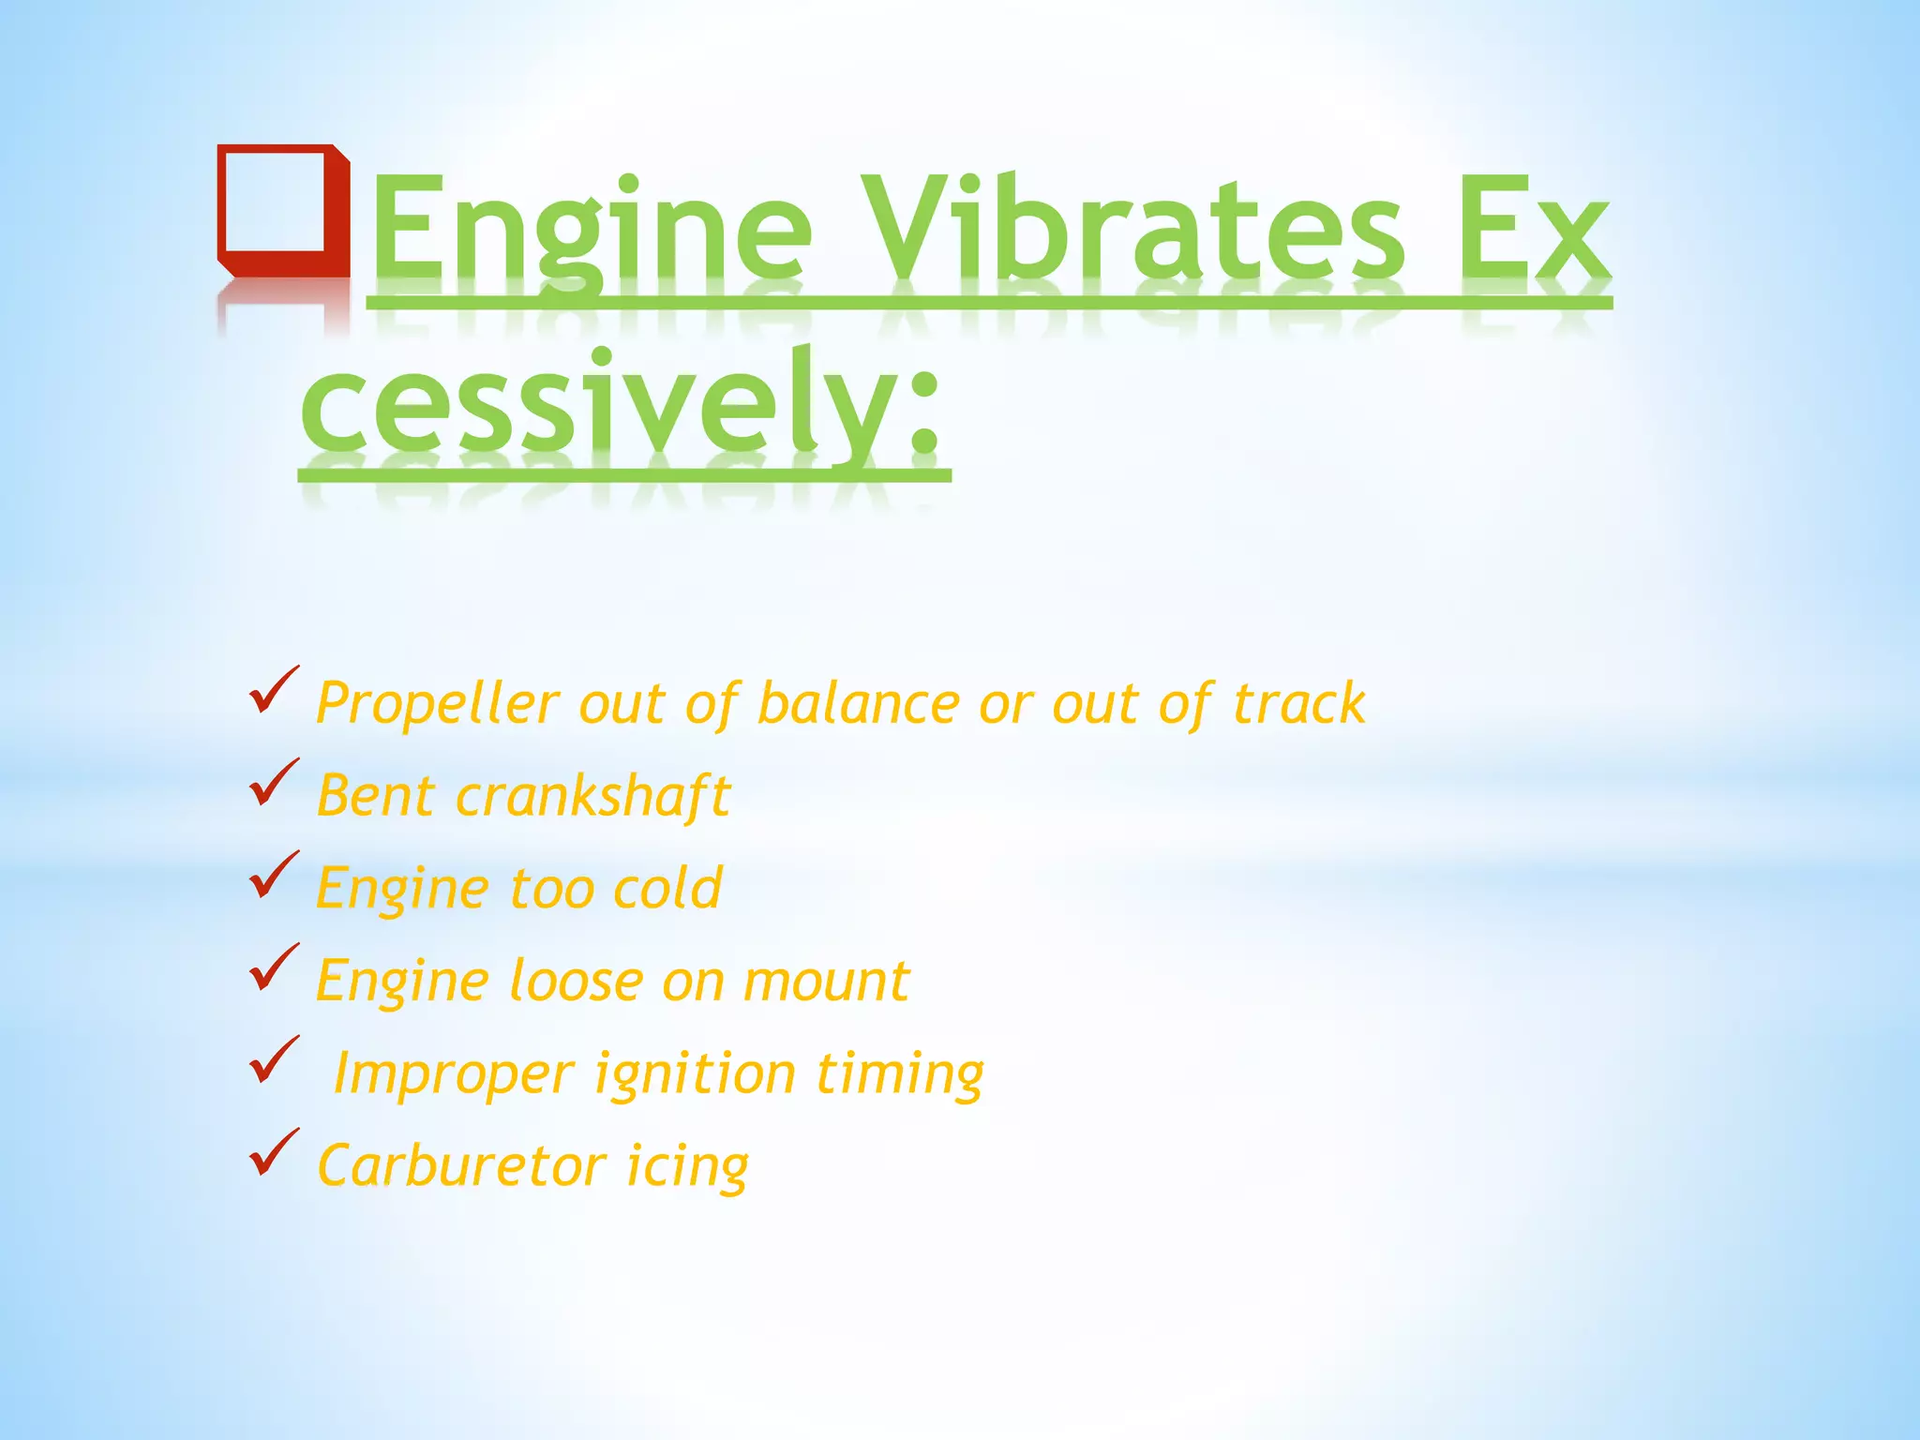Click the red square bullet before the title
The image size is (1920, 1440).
(282, 210)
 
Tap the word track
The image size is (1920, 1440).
(1298, 703)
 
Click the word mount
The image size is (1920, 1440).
(826, 982)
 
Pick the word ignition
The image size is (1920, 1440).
(695, 1074)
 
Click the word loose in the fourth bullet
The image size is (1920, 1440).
(575, 982)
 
